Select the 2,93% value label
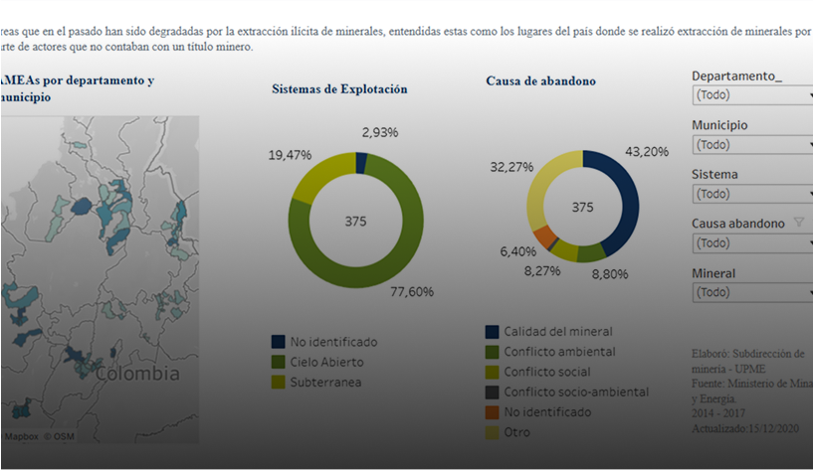click(x=380, y=132)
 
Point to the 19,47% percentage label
click(x=290, y=155)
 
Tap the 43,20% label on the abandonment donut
click(x=646, y=151)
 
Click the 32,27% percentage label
click(x=511, y=167)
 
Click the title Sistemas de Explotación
click(x=339, y=88)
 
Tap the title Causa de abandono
click(x=540, y=81)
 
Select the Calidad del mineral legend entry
click(x=557, y=331)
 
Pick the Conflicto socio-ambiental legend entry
click(x=575, y=392)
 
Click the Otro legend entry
click(x=516, y=432)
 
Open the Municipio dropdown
click(x=752, y=145)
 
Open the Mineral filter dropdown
click(x=752, y=292)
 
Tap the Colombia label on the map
click(x=138, y=374)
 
